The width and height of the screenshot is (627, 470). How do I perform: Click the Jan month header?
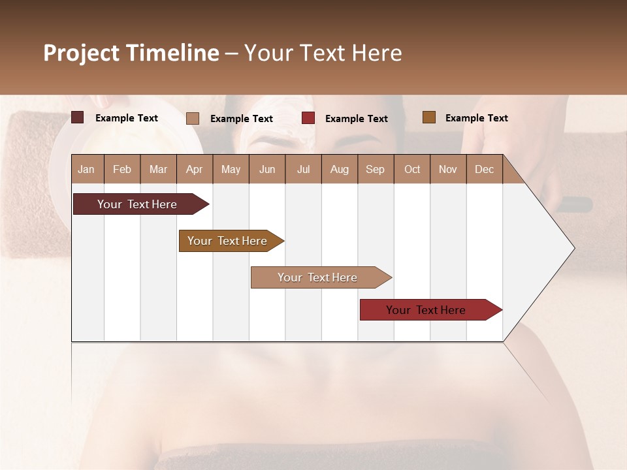pyautogui.click(x=87, y=169)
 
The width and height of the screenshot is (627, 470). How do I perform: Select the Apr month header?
pyautogui.click(x=195, y=169)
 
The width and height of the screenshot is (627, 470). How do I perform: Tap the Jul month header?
pyautogui.click(x=304, y=169)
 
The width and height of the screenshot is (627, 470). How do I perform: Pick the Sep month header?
pyautogui.click(x=376, y=169)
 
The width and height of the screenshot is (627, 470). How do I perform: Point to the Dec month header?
pyautogui.click(x=484, y=169)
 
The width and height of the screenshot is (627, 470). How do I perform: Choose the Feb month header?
pyautogui.click(x=122, y=169)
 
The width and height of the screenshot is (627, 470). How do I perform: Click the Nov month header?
pyautogui.click(x=448, y=169)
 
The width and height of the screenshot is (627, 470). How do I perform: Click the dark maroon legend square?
pyautogui.click(x=78, y=117)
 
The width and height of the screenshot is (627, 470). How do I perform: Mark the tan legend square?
pyautogui.click(x=193, y=118)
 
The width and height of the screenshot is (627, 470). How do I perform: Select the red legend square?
pyautogui.click(x=308, y=118)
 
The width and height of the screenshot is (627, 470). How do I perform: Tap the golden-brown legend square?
pyautogui.click(x=429, y=117)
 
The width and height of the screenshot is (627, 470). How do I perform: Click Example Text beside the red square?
pyautogui.click(x=356, y=119)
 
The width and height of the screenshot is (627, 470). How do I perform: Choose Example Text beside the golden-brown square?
pyautogui.click(x=476, y=118)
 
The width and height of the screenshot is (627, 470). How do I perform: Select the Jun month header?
pyautogui.click(x=267, y=169)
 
